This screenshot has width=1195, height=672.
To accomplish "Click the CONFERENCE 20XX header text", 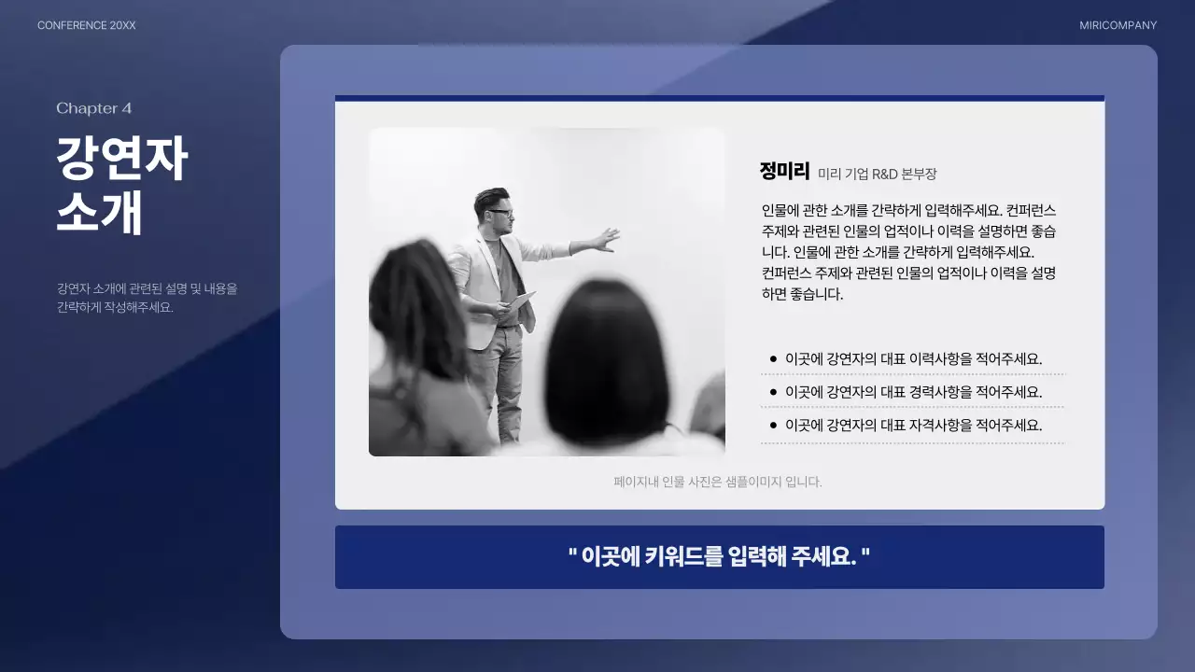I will (x=86, y=25).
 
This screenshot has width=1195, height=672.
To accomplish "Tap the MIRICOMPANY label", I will (x=1118, y=25).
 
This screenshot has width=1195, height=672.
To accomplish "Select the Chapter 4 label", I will (x=93, y=108).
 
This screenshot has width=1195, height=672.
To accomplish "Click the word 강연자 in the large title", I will (x=121, y=160).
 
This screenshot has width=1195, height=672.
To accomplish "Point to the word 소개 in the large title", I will (x=99, y=214).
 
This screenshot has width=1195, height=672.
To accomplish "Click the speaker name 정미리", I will (x=784, y=172).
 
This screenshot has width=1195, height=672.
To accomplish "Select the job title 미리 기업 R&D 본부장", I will (x=877, y=174).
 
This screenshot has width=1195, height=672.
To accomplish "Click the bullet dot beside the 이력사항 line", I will (x=773, y=358).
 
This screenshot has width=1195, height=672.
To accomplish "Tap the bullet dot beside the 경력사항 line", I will (x=773, y=392).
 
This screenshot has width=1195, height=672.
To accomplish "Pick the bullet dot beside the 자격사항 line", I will (x=773, y=425).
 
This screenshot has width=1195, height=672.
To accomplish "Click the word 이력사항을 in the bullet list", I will (x=940, y=358).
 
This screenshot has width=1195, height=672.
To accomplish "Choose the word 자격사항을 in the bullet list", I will (x=940, y=425).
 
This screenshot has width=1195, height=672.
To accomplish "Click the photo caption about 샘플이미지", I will (x=717, y=482).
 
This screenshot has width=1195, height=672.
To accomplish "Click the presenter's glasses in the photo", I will (x=501, y=213).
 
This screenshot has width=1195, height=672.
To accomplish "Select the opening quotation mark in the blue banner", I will (x=571, y=553).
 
